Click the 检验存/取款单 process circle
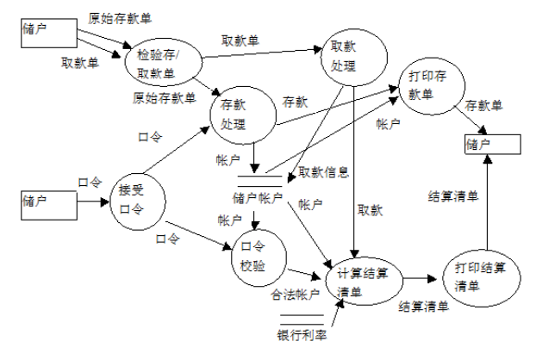pos(167,61)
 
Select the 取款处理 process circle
pos(348,56)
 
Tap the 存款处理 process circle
pos(240,115)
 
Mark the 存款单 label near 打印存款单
pos(483,105)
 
